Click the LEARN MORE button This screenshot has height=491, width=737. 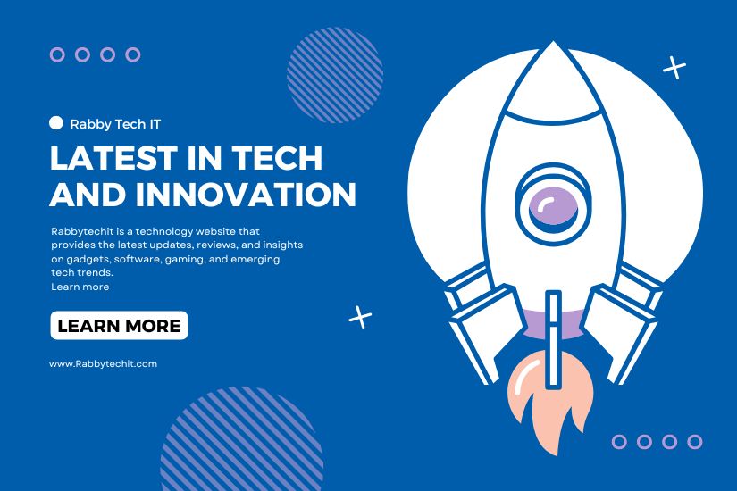119,325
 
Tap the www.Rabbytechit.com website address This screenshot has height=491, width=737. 103,363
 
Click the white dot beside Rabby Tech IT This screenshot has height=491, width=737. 56,122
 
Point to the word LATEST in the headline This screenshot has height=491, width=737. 113,157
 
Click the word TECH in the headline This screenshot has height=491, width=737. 277,157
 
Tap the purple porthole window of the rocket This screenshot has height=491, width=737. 553,206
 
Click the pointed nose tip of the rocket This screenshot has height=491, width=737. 553,42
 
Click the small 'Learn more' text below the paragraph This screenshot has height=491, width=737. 80,287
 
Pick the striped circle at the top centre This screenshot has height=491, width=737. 335,75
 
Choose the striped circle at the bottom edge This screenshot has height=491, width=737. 241,439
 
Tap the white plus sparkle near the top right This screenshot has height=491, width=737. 674,67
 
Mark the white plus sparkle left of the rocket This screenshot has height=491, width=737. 360,317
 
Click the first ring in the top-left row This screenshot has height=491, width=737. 57,54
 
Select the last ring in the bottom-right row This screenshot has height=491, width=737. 695,442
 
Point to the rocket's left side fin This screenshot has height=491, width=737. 484,324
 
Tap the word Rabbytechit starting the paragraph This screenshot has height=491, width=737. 83,231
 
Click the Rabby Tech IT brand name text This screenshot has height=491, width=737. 115,124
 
